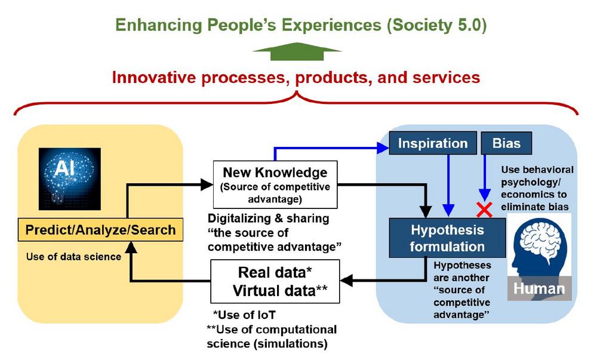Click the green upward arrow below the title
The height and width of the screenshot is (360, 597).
tap(297, 51)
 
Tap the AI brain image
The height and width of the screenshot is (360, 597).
tap(70, 179)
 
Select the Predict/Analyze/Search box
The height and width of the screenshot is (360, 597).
tap(100, 230)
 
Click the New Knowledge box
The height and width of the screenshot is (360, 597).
tap(275, 184)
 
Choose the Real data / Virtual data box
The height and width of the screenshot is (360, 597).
tap(275, 282)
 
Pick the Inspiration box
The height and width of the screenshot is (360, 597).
tap(433, 143)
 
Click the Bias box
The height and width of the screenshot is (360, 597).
tap(506, 143)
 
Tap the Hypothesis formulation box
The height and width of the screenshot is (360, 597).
tap(447, 238)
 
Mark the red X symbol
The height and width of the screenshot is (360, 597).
tap(484, 210)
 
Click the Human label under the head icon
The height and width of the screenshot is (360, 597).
tap(539, 288)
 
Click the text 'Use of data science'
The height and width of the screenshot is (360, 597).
tap(74, 257)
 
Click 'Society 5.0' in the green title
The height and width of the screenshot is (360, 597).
tap(437, 25)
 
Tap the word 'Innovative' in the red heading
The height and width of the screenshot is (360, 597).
tap(154, 77)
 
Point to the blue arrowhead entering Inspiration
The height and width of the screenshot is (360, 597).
tap(383, 148)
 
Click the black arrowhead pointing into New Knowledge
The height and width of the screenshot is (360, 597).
tap(207, 185)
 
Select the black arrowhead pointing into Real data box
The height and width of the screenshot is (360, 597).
tap(346, 281)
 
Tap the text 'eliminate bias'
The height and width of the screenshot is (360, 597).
tap(534, 207)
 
